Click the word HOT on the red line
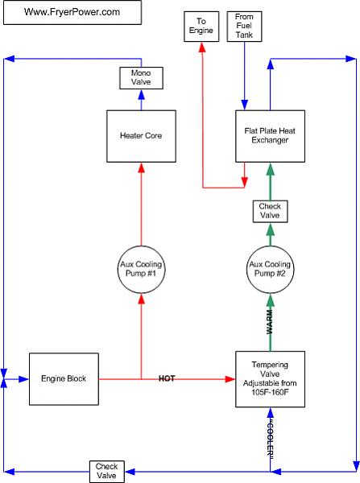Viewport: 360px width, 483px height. (167, 378)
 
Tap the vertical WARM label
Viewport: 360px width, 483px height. (269, 322)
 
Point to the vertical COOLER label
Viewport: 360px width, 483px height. (271, 439)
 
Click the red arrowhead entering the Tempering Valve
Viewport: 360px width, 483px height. (230, 379)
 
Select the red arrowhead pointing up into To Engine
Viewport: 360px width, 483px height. (202, 47)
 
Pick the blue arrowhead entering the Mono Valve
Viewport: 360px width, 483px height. (141, 94)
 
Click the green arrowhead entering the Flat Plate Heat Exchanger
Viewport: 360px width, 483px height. (271, 169)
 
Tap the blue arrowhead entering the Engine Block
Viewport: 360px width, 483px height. (24, 379)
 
